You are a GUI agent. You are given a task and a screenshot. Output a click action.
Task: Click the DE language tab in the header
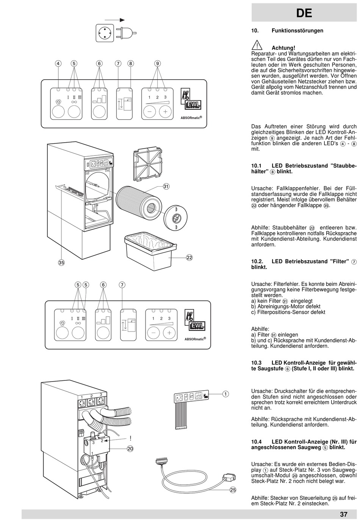point(304,13)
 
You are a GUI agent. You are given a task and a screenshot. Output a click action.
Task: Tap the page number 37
point(343,515)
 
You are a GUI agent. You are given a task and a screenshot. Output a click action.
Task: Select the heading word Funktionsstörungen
point(297,30)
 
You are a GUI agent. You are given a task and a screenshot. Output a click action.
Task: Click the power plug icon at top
point(126,32)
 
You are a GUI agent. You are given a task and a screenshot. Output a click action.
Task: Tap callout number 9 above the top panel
point(157,64)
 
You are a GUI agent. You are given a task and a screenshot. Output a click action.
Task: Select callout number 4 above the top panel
point(58,64)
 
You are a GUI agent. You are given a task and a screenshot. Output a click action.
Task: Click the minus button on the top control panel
point(149,112)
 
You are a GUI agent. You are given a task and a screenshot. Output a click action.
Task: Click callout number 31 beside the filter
point(166,186)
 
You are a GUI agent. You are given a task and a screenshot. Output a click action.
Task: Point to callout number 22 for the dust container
point(189,258)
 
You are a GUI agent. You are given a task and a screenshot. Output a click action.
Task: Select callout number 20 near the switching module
point(130,448)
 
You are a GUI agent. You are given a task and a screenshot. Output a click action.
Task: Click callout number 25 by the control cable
point(233,490)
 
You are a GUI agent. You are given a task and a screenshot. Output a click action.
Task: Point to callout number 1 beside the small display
point(225,394)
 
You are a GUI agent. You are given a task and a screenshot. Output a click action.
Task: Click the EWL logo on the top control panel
point(193,105)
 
